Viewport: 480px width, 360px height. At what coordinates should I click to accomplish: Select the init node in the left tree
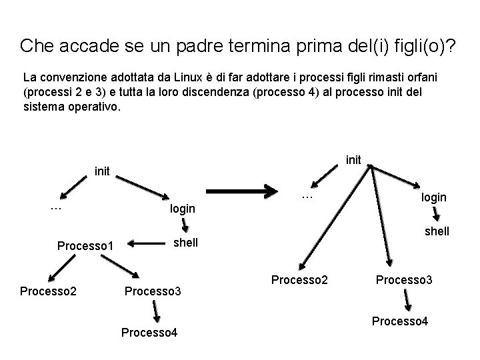[x=102, y=171]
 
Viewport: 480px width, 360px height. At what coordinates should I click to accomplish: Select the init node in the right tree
[x=353, y=159]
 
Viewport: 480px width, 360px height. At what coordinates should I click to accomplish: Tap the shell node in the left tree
[x=185, y=243]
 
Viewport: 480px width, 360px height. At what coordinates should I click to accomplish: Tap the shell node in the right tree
[x=436, y=231]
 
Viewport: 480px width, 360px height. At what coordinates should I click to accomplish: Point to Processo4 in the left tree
[x=149, y=332]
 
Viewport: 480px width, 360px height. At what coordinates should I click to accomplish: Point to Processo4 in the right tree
[x=400, y=321]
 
